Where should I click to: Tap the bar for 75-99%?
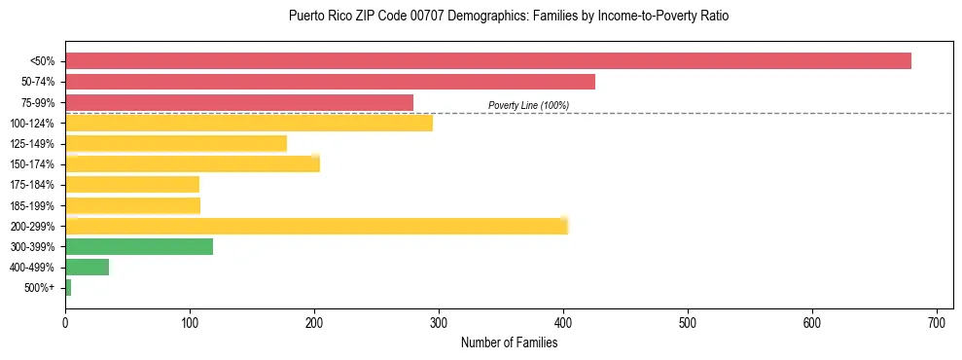[239, 102]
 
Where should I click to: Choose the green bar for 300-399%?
[139, 246]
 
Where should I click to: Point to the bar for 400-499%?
[88, 267]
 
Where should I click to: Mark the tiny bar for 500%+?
[68, 287]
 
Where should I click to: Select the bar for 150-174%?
[193, 164]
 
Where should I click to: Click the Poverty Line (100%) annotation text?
[528, 105]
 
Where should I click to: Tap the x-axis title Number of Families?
[509, 342]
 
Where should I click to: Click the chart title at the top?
[509, 17]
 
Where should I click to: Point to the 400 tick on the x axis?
[563, 320]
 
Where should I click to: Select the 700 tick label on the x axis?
[937, 320]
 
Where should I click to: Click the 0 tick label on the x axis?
[65, 320]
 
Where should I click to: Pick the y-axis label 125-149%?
[33, 144]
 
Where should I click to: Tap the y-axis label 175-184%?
[33, 185]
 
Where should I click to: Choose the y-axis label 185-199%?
[33, 205]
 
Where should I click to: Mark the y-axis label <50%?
[43, 61]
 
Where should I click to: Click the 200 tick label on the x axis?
[314, 320]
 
